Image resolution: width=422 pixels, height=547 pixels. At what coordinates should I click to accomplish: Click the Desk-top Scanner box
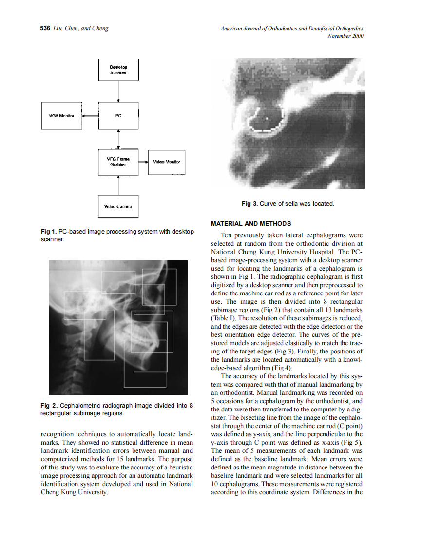(118, 70)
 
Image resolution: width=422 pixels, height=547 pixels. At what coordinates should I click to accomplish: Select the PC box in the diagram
(118, 116)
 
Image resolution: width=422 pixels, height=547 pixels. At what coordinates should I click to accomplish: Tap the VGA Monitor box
(61, 116)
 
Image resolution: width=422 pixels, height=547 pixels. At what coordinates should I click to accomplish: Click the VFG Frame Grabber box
(118, 162)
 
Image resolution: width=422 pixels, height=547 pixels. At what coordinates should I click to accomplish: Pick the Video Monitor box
(166, 162)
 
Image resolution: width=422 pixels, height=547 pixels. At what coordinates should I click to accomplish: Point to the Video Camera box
(118, 206)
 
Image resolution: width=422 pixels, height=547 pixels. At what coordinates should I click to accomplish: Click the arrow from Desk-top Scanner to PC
(118, 91)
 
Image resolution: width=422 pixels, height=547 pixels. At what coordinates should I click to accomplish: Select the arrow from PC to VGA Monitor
(90, 116)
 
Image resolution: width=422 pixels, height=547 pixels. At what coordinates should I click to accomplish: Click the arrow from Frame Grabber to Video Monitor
(143, 162)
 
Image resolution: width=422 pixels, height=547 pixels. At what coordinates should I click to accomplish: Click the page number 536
(45, 28)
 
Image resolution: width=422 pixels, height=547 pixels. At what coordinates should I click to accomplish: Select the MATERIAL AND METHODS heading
(250, 224)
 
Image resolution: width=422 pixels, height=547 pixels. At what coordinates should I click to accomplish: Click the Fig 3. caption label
(249, 203)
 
